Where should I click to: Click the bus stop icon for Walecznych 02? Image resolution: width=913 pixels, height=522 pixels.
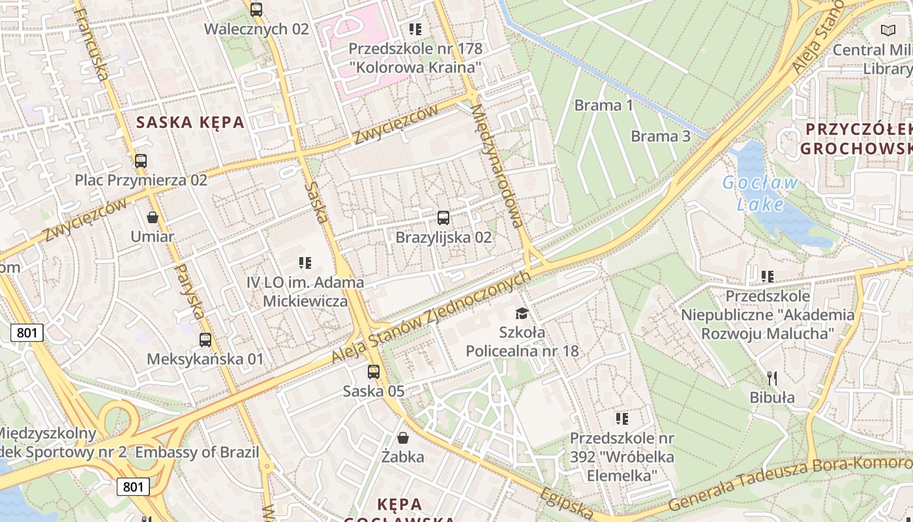click(256, 10)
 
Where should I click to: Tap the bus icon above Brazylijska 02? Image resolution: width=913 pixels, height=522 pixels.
click(443, 218)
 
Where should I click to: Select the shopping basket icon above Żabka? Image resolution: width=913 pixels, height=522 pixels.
click(403, 437)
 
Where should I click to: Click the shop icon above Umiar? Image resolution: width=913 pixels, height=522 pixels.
click(153, 217)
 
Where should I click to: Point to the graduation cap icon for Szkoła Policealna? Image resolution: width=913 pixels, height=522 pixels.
click(522, 313)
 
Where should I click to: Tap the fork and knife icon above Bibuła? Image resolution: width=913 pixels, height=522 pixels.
click(772, 378)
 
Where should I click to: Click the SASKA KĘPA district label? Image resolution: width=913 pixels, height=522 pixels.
click(190, 122)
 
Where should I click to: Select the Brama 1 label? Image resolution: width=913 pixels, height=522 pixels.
click(603, 105)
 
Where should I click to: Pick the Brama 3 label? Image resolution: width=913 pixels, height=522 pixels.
click(661, 136)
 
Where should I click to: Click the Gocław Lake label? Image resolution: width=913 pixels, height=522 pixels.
click(760, 193)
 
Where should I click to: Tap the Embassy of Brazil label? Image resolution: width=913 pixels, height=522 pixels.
click(197, 452)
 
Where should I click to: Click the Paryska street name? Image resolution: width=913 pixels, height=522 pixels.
click(191, 291)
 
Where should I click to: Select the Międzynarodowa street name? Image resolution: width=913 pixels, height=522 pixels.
click(497, 166)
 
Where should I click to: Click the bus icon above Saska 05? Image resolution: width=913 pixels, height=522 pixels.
click(374, 372)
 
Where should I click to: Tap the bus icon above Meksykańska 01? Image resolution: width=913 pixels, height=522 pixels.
click(205, 340)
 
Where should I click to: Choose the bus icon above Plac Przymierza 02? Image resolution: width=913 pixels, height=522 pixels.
click(141, 161)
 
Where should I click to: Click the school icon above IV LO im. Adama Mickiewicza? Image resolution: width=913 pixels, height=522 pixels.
click(305, 263)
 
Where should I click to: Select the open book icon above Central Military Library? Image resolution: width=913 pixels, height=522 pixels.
click(888, 30)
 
